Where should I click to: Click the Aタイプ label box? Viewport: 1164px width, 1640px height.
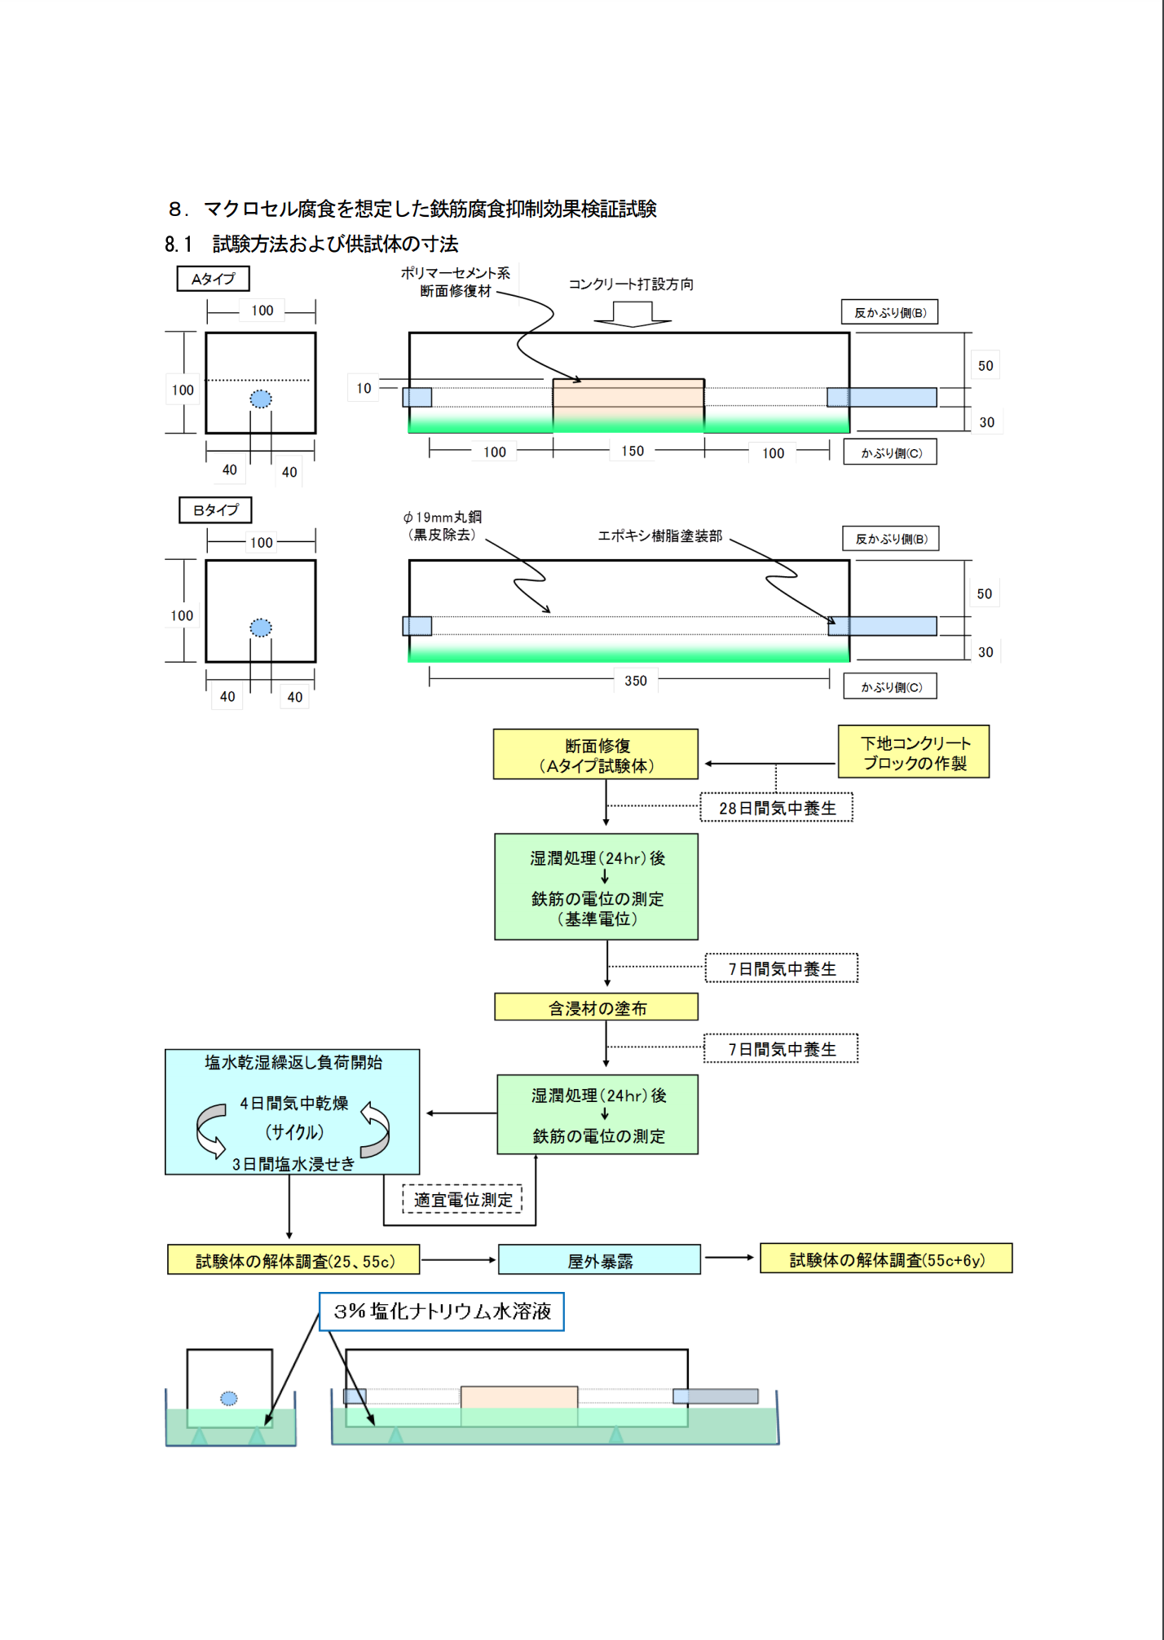coord(213,279)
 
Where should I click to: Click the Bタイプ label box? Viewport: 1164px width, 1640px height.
coord(215,510)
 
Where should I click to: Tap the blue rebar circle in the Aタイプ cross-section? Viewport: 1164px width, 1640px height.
coord(261,399)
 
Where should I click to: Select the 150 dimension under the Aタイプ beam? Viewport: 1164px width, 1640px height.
coord(632,451)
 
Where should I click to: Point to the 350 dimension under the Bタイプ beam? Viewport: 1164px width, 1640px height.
coord(635,681)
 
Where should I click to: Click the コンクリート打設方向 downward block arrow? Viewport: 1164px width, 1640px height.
coord(633,315)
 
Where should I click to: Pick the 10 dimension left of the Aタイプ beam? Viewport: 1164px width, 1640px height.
coord(364,388)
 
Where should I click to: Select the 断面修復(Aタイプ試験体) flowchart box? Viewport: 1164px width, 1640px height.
coord(596,755)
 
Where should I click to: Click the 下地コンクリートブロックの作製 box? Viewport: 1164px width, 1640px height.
coord(914,752)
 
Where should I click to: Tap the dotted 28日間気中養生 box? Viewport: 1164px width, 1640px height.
coord(777,808)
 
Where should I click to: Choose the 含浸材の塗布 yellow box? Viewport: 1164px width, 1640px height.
coord(596,1008)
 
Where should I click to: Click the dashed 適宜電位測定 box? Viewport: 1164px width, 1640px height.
coord(462,1200)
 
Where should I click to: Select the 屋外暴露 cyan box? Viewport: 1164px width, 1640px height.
coord(599,1261)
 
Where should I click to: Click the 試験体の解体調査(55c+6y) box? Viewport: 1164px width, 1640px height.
coord(886,1259)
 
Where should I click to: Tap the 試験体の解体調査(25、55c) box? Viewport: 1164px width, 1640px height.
coord(293,1261)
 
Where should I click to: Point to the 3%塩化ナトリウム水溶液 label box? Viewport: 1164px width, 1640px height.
coord(441,1312)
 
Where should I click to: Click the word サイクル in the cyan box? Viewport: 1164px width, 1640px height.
coord(294,1132)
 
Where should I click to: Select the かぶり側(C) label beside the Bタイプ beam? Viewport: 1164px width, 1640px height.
coord(890,687)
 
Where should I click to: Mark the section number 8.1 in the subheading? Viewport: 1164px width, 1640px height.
coord(178,245)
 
